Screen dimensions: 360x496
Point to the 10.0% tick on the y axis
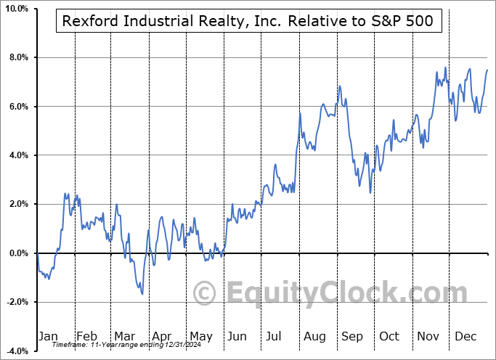click(15, 8)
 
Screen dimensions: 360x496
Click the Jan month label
click(47, 336)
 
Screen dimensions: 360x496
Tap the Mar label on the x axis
click(123, 336)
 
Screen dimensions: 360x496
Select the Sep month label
click(352, 336)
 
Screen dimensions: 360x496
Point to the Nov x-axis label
click(428, 336)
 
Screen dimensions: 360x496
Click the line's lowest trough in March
click(142, 294)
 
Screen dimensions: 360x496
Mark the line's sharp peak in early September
click(338, 86)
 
